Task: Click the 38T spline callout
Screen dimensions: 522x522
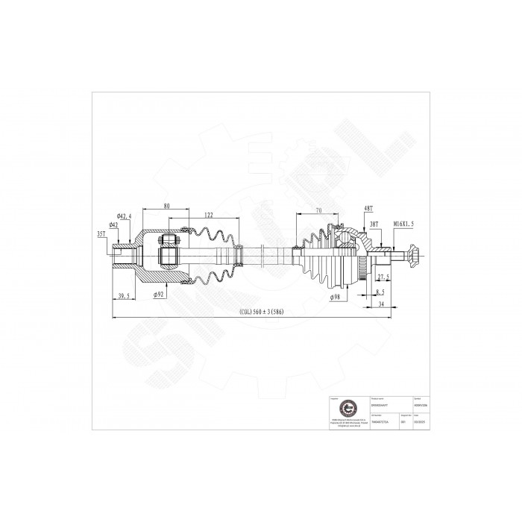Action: click(x=375, y=223)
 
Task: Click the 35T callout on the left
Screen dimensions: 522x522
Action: click(x=102, y=234)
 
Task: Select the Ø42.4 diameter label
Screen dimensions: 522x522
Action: click(x=125, y=216)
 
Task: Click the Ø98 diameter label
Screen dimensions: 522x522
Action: click(x=337, y=298)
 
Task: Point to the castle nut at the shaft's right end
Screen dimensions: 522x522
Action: click(x=414, y=258)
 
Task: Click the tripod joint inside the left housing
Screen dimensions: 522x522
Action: click(x=168, y=249)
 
